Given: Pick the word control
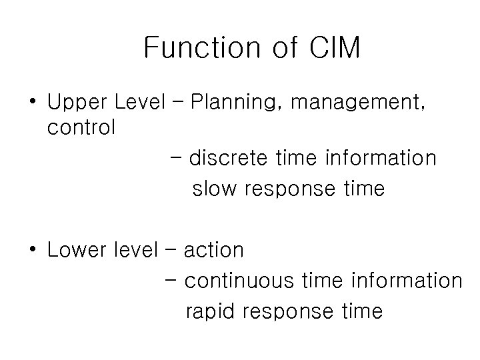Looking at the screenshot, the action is [x=81, y=127].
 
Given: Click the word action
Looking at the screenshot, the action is [x=213, y=251].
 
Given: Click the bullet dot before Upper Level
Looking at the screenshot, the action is [x=33, y=104].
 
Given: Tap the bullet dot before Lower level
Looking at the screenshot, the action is [x=33, y=251].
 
